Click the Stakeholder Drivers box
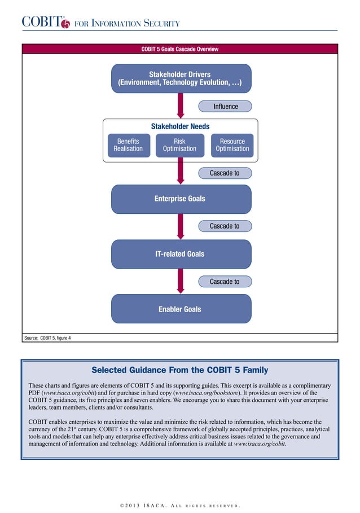[x=180, y=78]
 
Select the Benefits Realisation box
[x=128, y=145]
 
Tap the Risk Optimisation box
[x=179, y=145]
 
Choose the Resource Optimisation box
[x=232, y=145]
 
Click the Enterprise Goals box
[x=180, y=199]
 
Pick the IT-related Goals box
[x=180, y=254]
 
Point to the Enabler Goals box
[x=180, y=309]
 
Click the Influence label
[x=225, y=106]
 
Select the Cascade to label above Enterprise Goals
[x=225, y=173]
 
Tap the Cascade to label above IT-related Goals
[x=225, y=226]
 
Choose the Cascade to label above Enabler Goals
[x=225, y=282]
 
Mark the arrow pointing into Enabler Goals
[x=181, y=281]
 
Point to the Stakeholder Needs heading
[x=180, y=126]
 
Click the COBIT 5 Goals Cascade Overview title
[x=179, y=49]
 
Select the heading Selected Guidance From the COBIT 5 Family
[x=179, y=370]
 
